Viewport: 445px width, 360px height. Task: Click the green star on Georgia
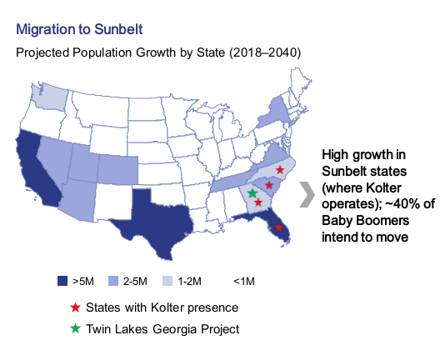(x=252, y=193)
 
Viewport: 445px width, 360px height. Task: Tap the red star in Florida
(x=278, y=227)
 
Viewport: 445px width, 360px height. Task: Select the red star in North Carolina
(x=280, y=170)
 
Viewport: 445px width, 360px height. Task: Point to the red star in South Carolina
(x=269, y=185)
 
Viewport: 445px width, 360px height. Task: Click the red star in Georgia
(x=258, y=202)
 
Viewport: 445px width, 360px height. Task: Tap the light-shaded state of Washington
(x=49, y=98)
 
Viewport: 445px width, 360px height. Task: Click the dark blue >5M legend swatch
(x=62, y=281)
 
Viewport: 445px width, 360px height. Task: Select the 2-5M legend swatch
(x=113, y=281)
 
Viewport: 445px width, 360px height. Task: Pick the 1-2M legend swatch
(x=167, y=281)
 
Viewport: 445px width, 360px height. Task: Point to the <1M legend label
(x=244, y=282)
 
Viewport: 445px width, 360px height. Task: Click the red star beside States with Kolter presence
(x=75, y=307)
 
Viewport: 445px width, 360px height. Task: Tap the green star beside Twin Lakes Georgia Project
(x=75, y=329)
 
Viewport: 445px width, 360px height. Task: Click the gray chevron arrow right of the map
(x=307, y=195)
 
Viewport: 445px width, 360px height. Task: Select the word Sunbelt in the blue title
(x=118, y=29)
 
